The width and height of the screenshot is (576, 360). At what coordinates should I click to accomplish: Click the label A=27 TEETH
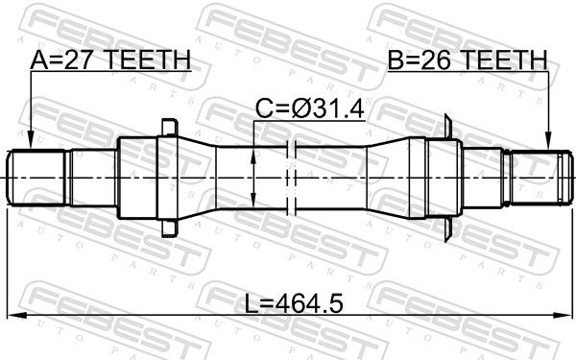pos(110,60)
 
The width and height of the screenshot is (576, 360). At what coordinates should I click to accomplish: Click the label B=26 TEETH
pos(468,60)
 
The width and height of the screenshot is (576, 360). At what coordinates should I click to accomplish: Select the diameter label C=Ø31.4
pos(310,109)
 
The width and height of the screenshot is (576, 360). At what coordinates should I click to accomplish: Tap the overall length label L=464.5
pos(294,304)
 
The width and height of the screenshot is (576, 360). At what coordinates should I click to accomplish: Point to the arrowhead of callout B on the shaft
pos(548,141)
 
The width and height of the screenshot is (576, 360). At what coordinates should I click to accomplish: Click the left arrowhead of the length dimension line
pos(16,315)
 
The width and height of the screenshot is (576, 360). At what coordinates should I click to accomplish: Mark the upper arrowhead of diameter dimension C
pos(253,156)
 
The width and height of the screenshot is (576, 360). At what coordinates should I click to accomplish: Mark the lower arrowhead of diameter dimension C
pos(253,200)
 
